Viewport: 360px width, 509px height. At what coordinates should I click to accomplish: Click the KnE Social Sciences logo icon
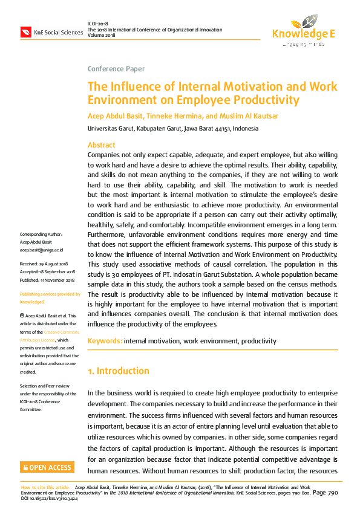(x=26, y=31)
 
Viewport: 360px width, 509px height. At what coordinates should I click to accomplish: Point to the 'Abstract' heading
(x=101, y=145)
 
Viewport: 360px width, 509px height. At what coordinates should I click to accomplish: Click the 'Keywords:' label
(x=105, y=341)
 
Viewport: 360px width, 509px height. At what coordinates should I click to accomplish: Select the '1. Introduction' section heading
(x=118, y=371)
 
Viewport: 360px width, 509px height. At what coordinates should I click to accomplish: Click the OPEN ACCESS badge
(x=47, y=467)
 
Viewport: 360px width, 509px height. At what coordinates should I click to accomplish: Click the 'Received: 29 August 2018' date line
(x=44, y=264)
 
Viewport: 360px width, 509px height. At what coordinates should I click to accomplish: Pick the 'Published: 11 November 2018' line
(x=47, y=280)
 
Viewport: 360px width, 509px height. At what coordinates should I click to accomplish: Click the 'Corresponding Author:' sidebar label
(x=41, y=234)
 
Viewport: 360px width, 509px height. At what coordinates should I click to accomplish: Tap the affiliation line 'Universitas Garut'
(x=106, y=129)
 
